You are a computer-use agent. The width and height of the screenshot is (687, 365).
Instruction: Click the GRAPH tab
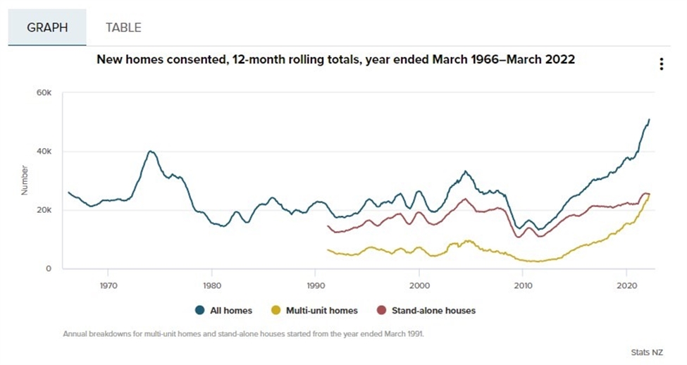47,27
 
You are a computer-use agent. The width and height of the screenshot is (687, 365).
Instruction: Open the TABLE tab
123,27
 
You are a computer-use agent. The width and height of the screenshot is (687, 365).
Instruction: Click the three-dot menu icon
661,64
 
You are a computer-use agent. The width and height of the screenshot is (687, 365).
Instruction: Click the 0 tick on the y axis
49,268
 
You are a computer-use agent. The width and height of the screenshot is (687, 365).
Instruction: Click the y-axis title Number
25,180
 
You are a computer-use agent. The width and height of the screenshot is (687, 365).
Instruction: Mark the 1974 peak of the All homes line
150,151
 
